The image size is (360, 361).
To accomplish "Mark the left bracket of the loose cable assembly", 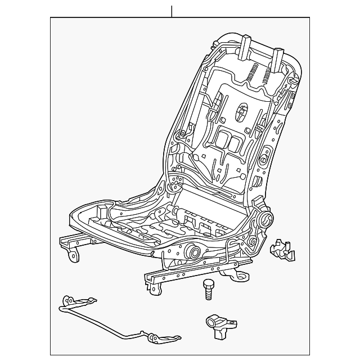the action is pyautogui.click(x=70, y=304).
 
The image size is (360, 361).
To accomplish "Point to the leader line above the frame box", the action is pyautogui.click(x=171, y=11).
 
